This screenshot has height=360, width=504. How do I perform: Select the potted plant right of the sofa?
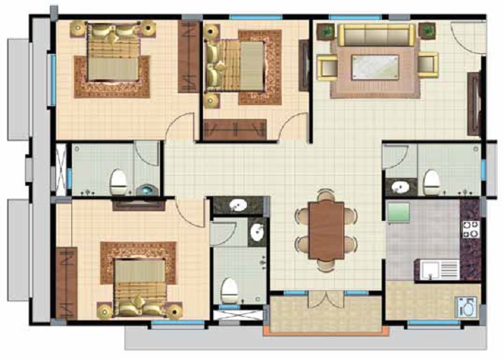click(428, 30)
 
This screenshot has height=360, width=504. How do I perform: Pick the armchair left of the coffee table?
click(328, 65)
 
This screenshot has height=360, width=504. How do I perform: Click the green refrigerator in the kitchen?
click(399, 212)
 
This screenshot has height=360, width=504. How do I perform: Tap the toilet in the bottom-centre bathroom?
click(229, 290)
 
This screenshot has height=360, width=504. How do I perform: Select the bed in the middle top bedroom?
click(236, 63)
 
